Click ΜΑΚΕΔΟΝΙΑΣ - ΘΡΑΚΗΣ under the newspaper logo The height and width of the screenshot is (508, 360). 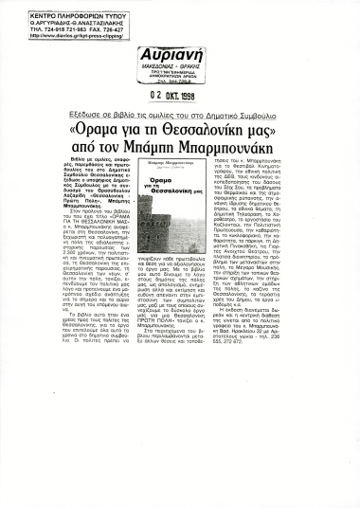(171, 66)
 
